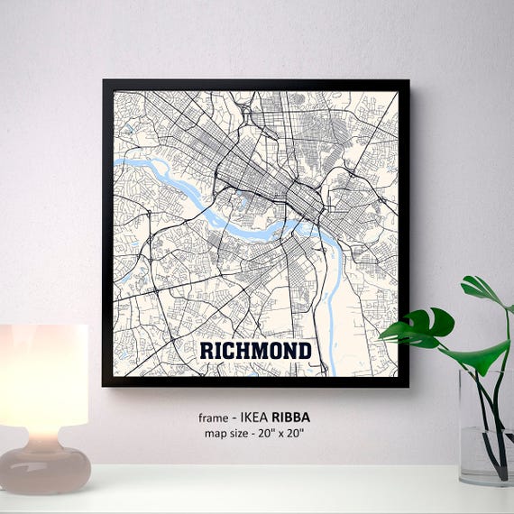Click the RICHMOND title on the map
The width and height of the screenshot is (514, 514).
pyautogui.click(x=255, y=350)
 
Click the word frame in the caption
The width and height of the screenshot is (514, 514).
pyautogui.click(x=215, y=418)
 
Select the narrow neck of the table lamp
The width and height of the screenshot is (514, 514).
pyautogui.click(x=43, y=437)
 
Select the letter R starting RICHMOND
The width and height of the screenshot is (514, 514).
pyautogui.click(x=207, y=350)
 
